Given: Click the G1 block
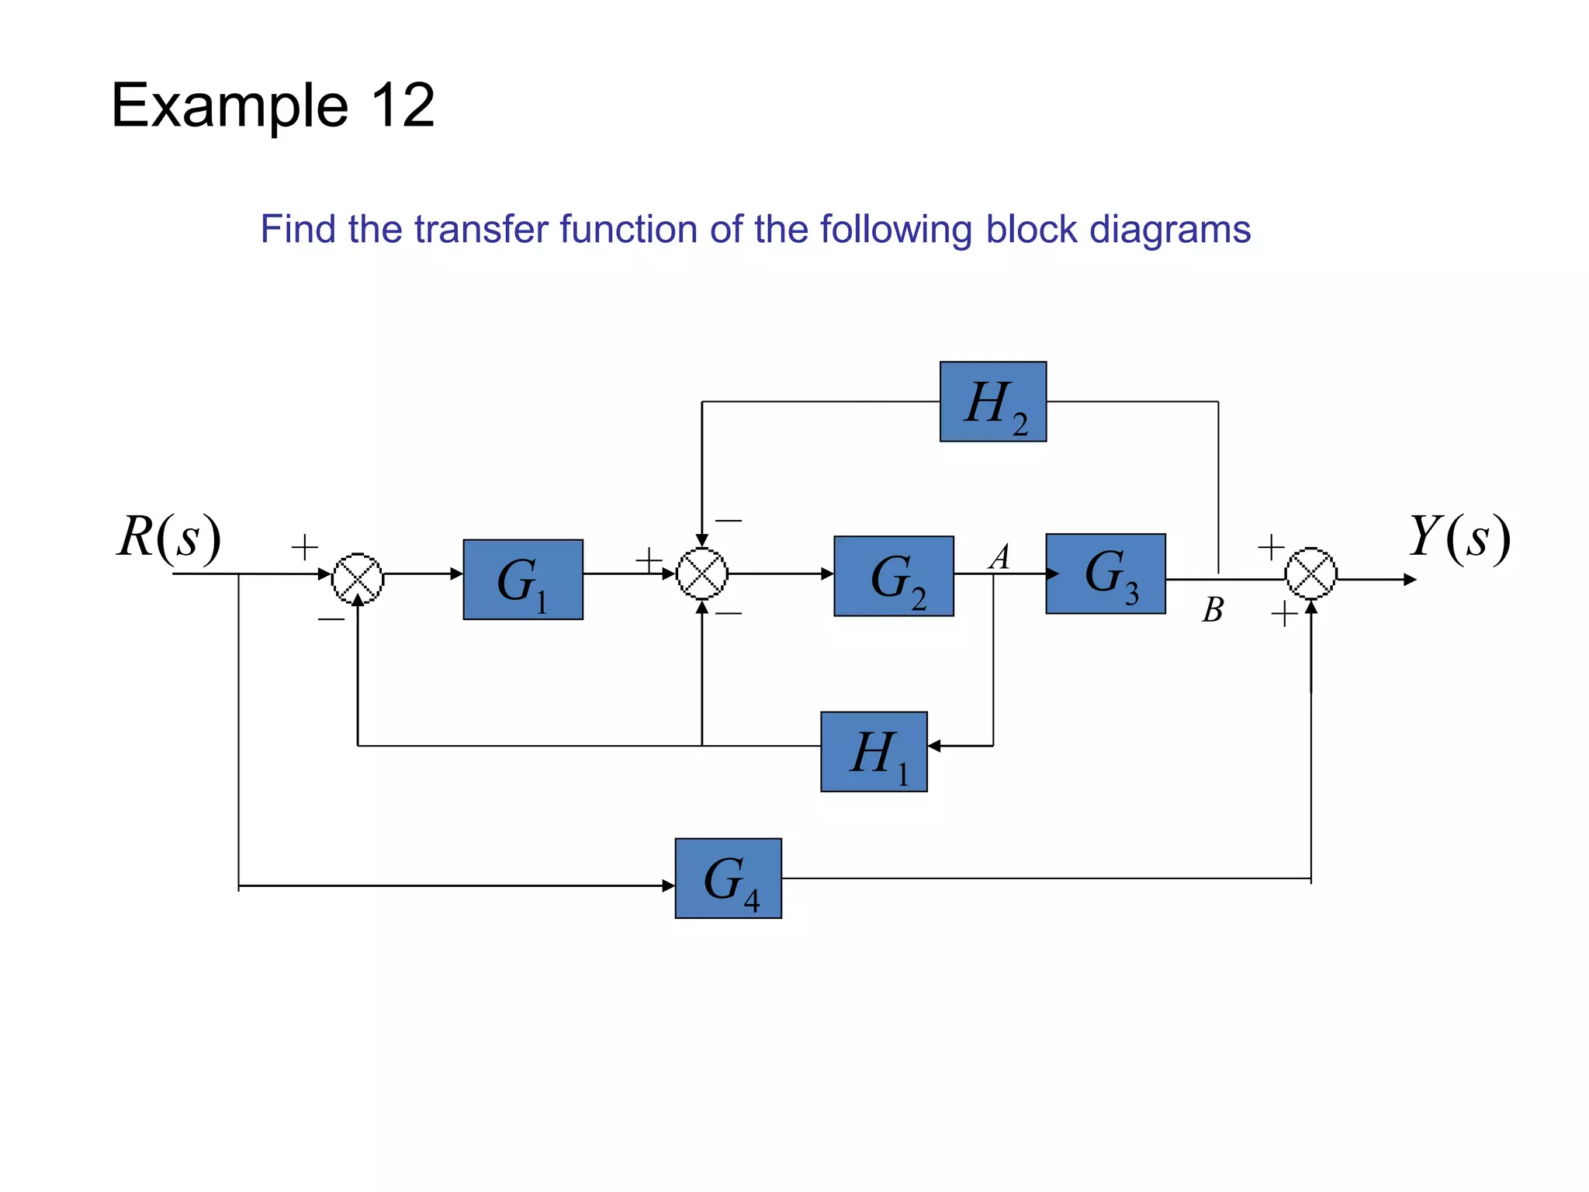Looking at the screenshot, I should pos(523,579).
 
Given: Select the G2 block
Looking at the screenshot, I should pos(893,576).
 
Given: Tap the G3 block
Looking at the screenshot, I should pos(1105,573).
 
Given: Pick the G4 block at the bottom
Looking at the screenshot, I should pos(728,878).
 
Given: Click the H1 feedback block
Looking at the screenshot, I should pos(874,751).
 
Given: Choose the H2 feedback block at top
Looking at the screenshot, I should pos(992,401).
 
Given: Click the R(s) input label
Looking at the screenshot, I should pos(169,537).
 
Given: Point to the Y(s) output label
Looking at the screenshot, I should pos(1459,537).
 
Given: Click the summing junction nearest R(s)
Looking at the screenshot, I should pos(358,578).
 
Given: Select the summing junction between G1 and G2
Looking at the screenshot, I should pos(702,574).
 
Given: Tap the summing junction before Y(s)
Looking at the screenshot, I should pos(1310,574).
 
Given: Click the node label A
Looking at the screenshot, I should pos(1000,556).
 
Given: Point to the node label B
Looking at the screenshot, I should pos(1213,610).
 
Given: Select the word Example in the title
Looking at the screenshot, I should pos(230,106).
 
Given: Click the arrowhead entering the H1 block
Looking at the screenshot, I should pos(934,746).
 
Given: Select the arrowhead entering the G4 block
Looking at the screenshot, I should pos(668,885).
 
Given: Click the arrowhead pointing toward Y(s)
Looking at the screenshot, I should pos(1410,579).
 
